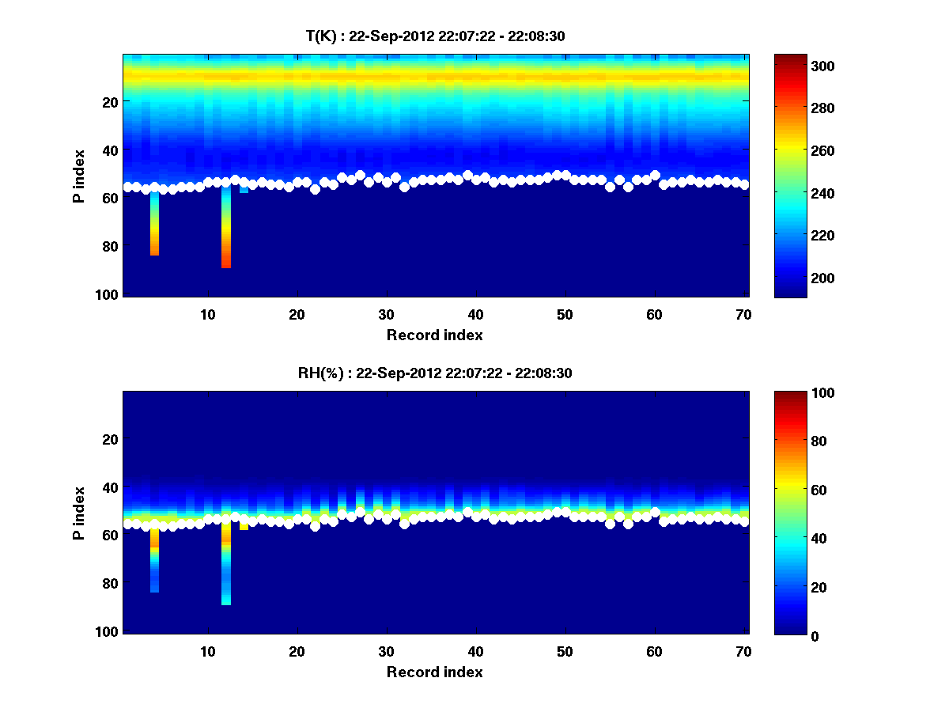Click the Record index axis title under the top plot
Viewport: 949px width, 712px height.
[x=434, y=335]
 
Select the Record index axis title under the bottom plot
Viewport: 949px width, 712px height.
[x=434, y=672]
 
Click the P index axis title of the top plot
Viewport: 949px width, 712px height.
[x=79, y=176]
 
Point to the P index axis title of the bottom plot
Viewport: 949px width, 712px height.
[x=79, y=513]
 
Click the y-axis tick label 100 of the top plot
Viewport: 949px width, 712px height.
[x=108, y=294]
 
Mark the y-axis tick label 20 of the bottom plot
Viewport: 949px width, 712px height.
[x=112, y=439]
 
